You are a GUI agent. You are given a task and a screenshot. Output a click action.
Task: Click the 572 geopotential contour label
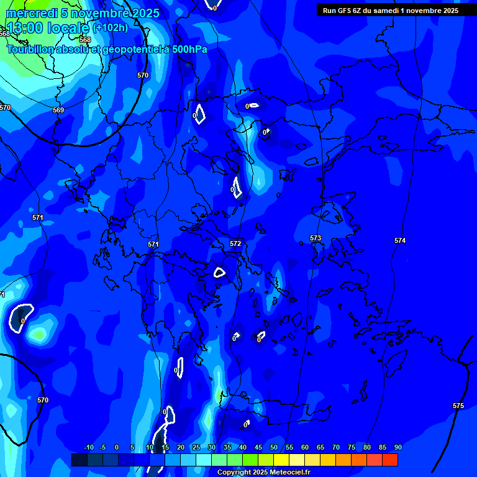coord(235,244)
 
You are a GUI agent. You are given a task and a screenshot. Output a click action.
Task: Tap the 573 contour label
coord(316,238)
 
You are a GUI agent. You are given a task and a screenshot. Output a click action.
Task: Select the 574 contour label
coord(400,240)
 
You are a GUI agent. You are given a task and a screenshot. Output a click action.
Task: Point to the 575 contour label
coord(458,406)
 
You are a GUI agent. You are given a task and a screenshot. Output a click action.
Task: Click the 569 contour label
coord(58,110)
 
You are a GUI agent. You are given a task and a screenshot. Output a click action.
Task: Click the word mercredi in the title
coord(32,13)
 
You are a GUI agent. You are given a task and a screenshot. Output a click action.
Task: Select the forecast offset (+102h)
coord(111,28)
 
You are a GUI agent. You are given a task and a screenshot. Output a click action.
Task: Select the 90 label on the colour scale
coord(397,447)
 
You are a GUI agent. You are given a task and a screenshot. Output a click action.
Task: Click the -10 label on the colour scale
coord(88,447)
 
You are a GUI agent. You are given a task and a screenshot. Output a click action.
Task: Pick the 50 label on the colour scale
coord(274,447)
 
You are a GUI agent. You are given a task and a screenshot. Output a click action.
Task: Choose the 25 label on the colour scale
coord(196,447)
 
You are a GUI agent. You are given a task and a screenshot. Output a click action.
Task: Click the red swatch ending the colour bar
coord(390,460)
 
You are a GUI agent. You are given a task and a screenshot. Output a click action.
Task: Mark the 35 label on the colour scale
coord(227,447)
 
